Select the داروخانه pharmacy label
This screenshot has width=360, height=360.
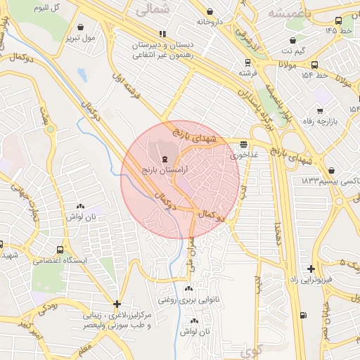(209, 21)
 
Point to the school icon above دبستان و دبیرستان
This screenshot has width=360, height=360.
(163, 33)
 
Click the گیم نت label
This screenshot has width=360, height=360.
(293, 53)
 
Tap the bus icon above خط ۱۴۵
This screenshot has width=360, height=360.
(339, 20)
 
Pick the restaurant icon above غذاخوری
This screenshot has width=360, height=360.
(243, 145)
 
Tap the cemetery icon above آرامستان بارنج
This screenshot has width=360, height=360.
(165, 160)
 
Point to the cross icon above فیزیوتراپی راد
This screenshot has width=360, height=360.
(311, 269)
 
